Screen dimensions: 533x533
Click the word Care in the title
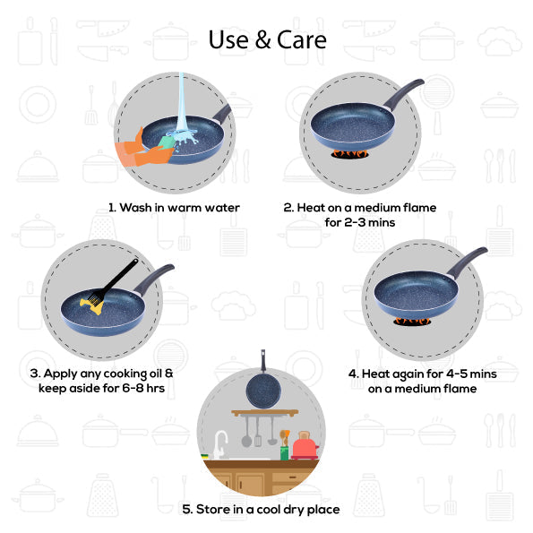click(x=301, y=40)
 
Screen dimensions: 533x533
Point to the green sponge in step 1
click(x=167, y=142)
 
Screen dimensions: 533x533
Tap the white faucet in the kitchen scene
click(x=220, y=443)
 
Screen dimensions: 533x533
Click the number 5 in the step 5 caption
click(x=186, y=509)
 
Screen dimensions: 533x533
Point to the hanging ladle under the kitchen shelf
click(x=253, y=433)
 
